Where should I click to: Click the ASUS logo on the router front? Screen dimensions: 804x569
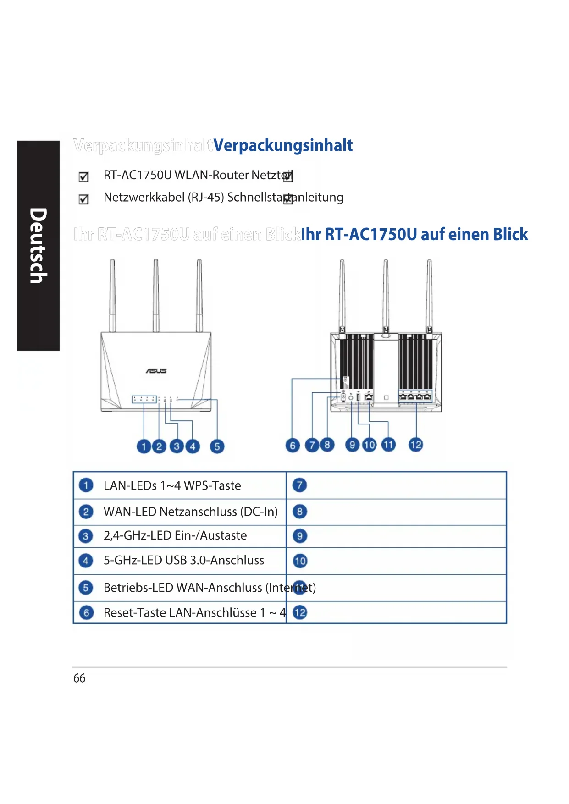coord(156,370)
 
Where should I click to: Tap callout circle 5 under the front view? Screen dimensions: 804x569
coord(217,446)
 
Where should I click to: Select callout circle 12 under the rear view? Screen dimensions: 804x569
coord(415,445)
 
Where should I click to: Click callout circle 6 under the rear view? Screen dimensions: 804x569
coord(293,445)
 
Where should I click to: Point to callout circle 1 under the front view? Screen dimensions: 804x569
coord(144,446)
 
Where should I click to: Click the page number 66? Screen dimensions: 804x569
coord(79,678)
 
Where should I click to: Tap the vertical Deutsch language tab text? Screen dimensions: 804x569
coord(38,246)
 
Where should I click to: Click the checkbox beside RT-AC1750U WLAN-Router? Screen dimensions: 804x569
coord(84,177)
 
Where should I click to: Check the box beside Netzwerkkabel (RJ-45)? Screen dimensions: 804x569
coord(84,199)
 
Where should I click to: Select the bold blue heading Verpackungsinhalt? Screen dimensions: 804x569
coord(283,145)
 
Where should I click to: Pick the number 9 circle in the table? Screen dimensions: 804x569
coord(300,536)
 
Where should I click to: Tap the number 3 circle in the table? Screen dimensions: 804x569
coord(86,536)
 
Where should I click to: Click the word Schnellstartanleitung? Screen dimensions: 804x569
coord(285,197)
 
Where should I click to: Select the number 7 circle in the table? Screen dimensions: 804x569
coord(300,485)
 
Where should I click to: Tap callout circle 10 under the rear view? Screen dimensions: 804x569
coord(369,445)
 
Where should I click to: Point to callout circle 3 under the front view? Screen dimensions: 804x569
coord(176,446)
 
